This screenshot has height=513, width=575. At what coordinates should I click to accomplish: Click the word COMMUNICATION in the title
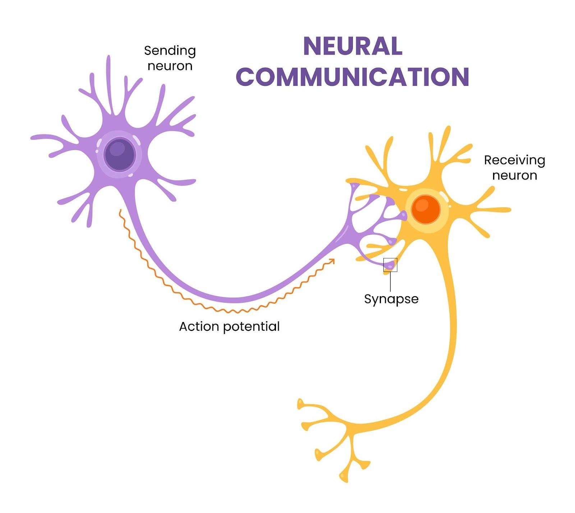tap(353, 76)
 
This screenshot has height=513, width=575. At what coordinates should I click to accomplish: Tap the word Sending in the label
tap(170, 51)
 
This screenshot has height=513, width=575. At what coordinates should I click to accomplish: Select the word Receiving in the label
tap(514, 160)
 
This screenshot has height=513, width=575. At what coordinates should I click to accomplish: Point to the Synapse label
tap(391, 299)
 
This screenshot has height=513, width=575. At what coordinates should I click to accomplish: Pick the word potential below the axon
tap(251, 327)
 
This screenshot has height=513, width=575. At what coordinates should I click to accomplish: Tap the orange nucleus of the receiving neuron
tap(426, 210)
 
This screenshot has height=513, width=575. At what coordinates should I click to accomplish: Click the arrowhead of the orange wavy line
tap(332, 261)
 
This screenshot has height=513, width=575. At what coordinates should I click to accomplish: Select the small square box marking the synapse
tap(390, 265)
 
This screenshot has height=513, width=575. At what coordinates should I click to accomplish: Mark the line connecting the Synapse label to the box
tap(390, 282)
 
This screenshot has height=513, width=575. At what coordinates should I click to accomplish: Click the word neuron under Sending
tap(170, 66)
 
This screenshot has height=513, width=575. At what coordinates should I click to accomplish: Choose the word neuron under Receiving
tap(514, 176)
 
